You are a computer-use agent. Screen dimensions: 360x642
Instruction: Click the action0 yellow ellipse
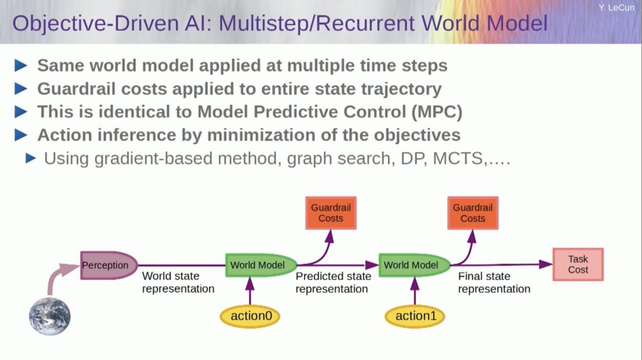(250, 316)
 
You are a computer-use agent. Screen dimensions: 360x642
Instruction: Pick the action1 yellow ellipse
(415, 316)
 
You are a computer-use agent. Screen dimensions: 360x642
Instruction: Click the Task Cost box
(578, 264)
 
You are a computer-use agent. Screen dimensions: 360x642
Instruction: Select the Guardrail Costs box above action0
(331, 213)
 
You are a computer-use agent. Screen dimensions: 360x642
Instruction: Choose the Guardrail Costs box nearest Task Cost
(473, 213)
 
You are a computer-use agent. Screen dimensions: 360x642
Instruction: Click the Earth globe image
(50, 316)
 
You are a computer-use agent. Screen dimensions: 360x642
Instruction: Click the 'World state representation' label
(177, 283)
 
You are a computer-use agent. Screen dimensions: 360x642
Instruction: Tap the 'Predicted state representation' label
(333, 283)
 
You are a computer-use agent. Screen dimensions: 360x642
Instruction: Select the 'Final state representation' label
(493, 283)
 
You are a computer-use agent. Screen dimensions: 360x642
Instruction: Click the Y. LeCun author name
(616, 8)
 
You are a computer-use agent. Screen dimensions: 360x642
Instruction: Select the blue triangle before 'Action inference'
(21, 135)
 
